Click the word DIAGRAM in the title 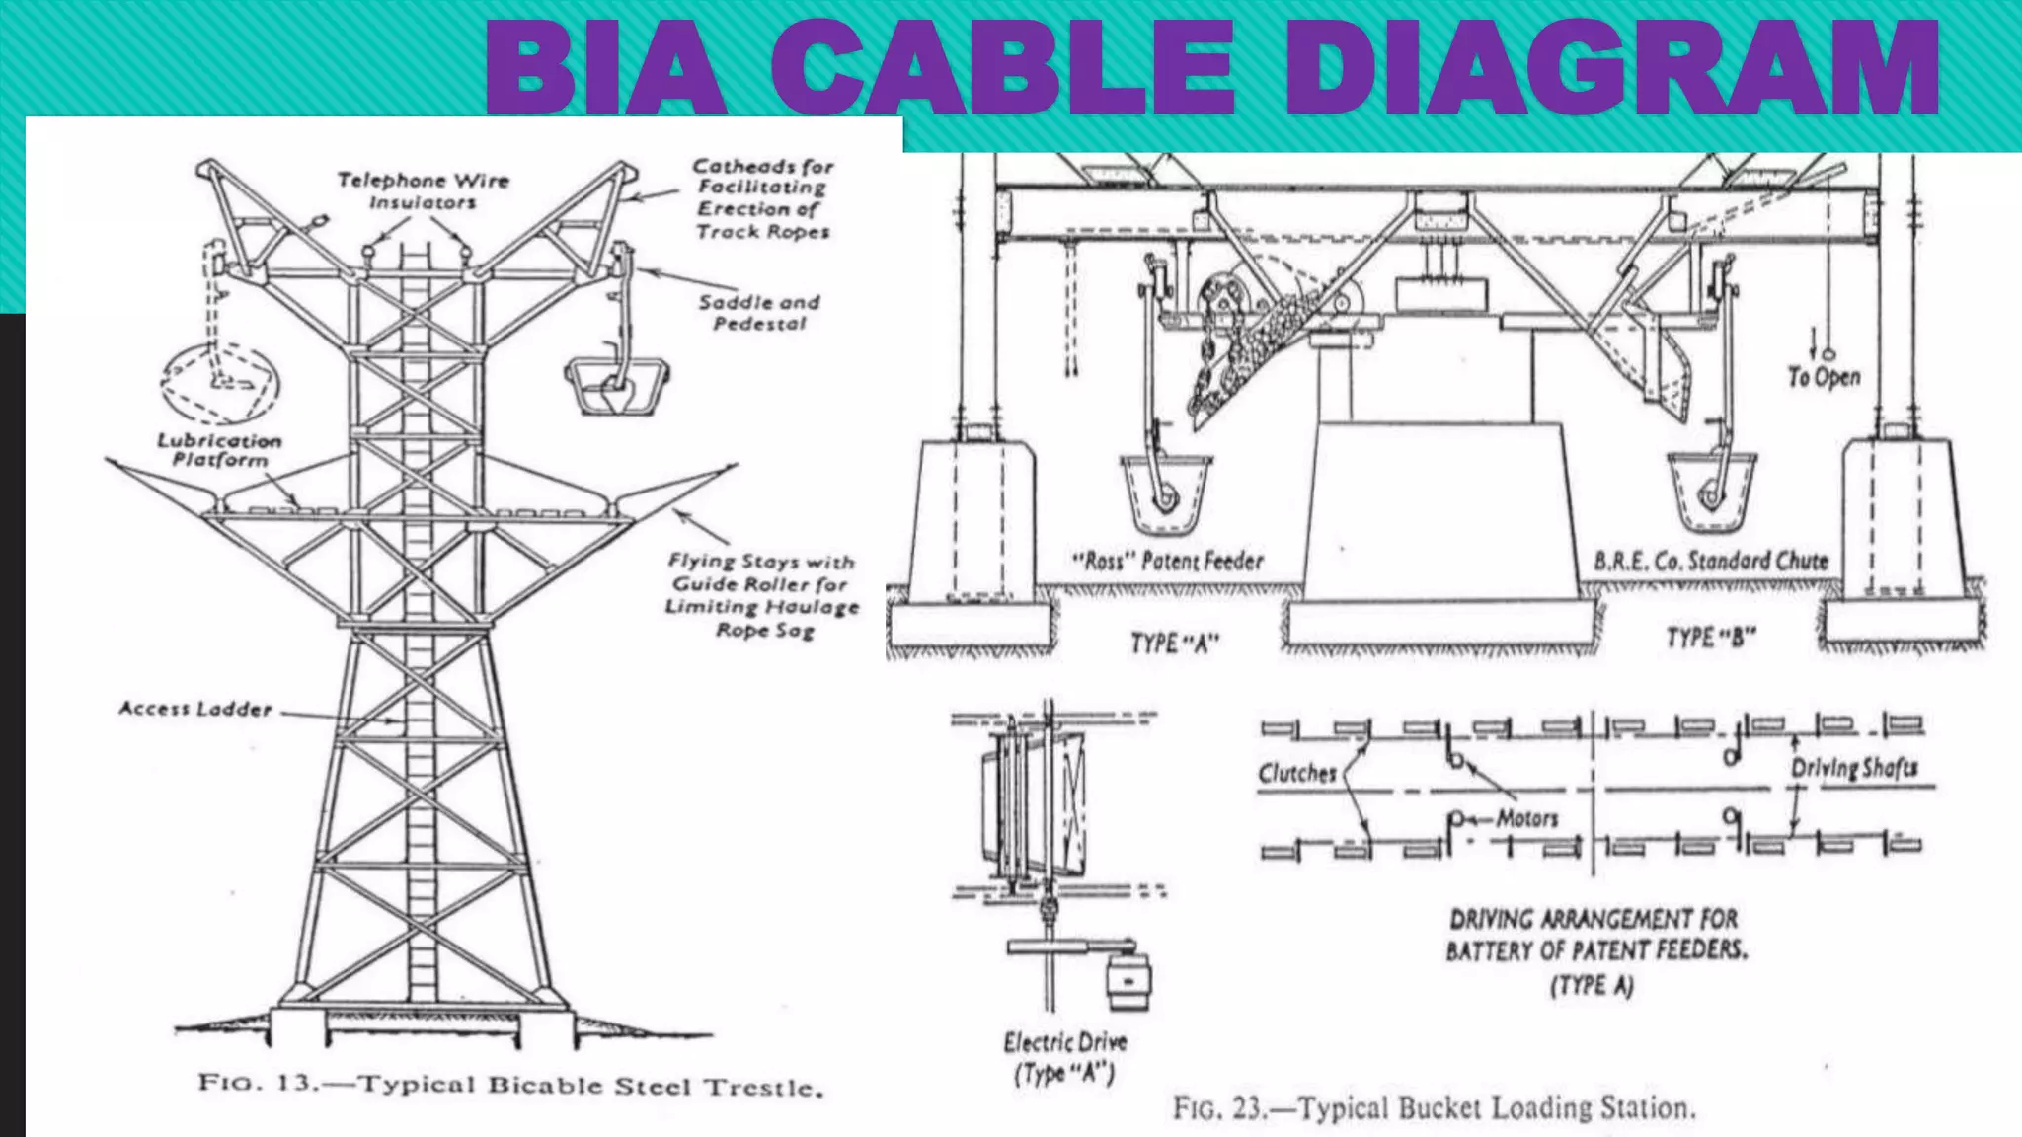1611,69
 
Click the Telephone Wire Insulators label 423,190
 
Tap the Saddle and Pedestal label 759,312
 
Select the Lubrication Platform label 219,450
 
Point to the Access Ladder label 195,709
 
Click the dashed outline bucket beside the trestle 221,383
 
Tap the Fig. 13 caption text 510,1085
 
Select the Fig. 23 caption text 1434,1107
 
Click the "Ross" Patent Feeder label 1168,562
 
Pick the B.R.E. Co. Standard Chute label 1711,562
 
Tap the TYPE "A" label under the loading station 1175,644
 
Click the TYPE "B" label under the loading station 1711,638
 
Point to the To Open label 1824,377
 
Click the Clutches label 1296,773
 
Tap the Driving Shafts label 1854,768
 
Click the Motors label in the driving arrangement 1526,818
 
